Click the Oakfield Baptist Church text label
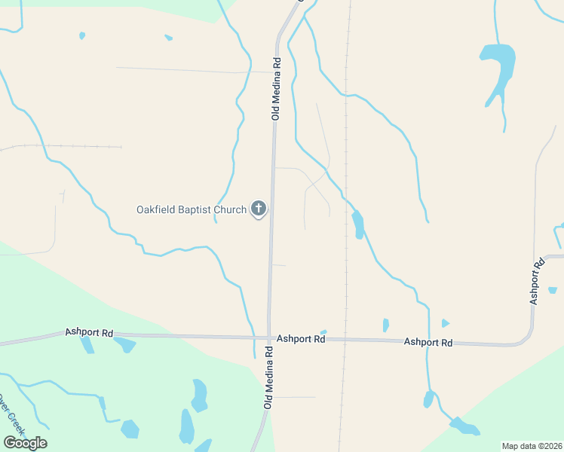click(192, 209)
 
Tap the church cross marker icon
click(259, 209)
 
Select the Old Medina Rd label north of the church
click(276, 89)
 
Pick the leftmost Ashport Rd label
click(89, 332)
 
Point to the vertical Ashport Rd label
click(538, 282)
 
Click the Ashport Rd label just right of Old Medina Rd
click(300, 340)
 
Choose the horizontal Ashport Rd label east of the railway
click(428, 342)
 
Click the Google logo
click(24, 442)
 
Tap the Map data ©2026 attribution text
click(532, 446)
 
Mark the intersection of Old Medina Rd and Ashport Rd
click(268, 337)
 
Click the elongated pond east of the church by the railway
click(358, 224)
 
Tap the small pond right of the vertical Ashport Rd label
click(553, 290)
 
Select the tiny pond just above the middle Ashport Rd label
click(323, 332)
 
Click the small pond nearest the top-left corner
click(82, 35)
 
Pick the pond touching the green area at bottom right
click(464, 427)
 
